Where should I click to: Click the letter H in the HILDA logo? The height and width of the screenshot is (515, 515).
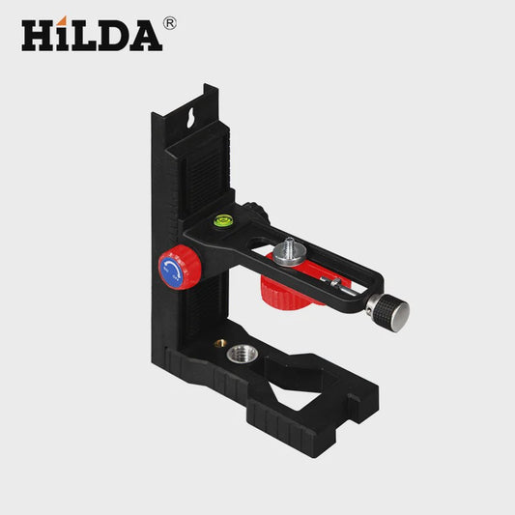(38, 36)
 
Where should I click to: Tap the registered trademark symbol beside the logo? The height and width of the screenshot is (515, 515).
(169, 23)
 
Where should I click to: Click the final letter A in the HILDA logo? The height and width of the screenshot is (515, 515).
(145, 36)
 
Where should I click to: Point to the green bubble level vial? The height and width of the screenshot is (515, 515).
(222, 219)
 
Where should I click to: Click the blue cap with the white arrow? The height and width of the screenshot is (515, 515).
(171, 271)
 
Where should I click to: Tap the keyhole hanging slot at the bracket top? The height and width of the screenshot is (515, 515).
(190, 117)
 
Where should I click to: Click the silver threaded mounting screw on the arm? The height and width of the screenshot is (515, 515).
(289, 251)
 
